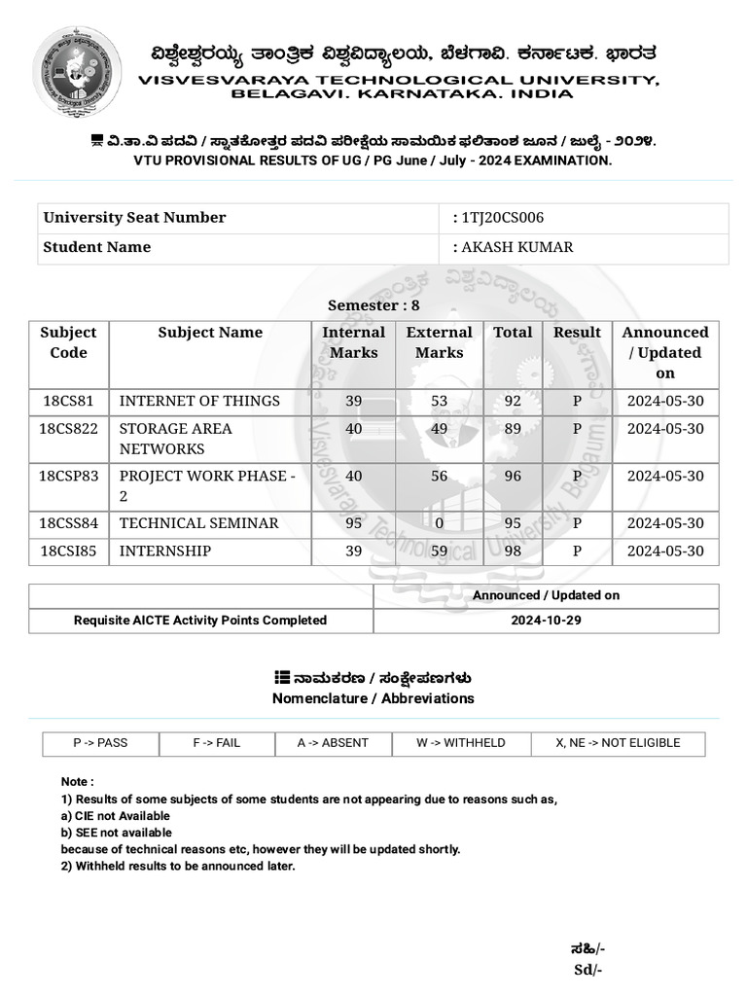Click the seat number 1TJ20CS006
(502, 218)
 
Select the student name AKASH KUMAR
(516, 247)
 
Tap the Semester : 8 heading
(373, 305)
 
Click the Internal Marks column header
(353, 342)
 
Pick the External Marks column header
(439, 342)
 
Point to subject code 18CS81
(68, 401)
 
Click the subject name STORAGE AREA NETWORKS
(176, 439)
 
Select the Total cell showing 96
(513, 476)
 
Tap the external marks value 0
(439, 523)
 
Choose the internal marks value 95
(353, 523)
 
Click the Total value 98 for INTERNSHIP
(513, 551)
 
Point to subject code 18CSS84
(68, 523)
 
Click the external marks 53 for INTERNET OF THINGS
(439, 401)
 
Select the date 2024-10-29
(546, 620)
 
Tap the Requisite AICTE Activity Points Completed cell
(200, 620)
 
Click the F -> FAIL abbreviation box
(216, 743)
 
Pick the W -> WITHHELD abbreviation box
(460, 743)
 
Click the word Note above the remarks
(77, 782)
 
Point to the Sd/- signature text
(587, 970)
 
